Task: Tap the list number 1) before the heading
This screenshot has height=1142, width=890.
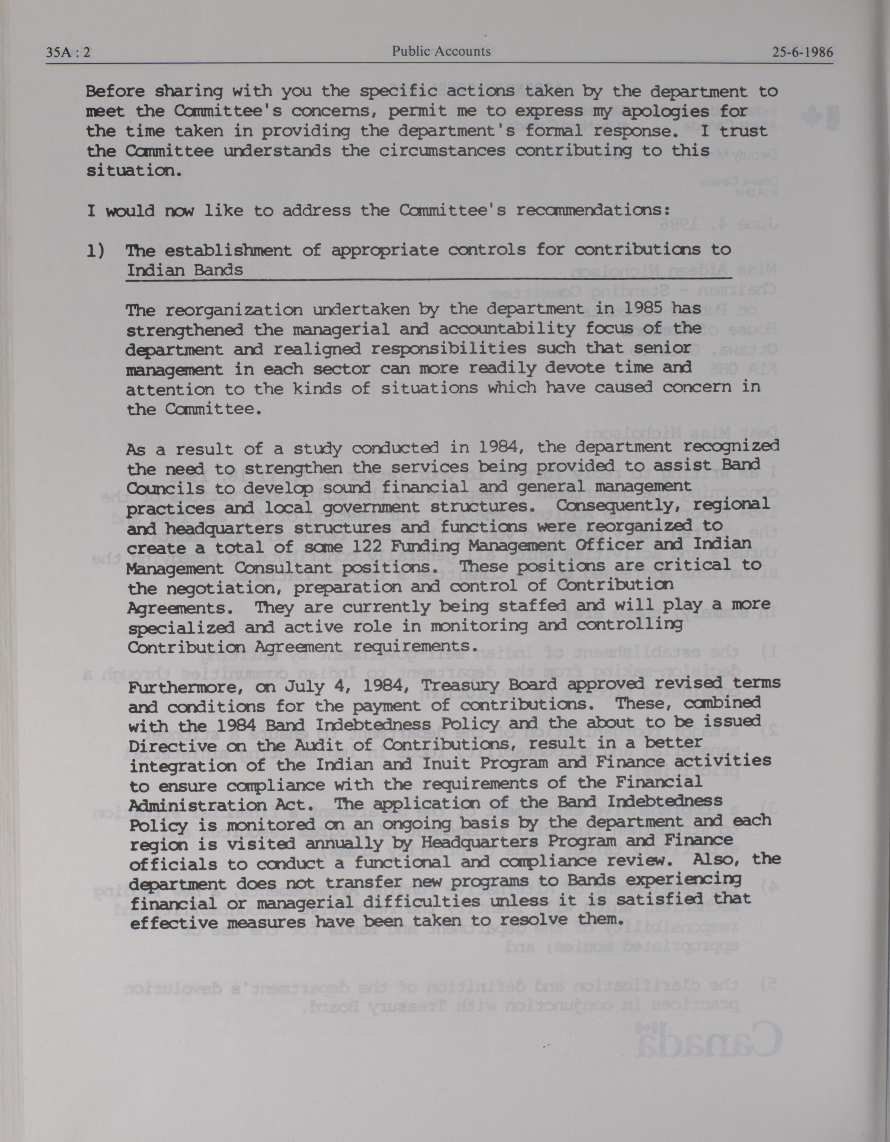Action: (x=96, y=251)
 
